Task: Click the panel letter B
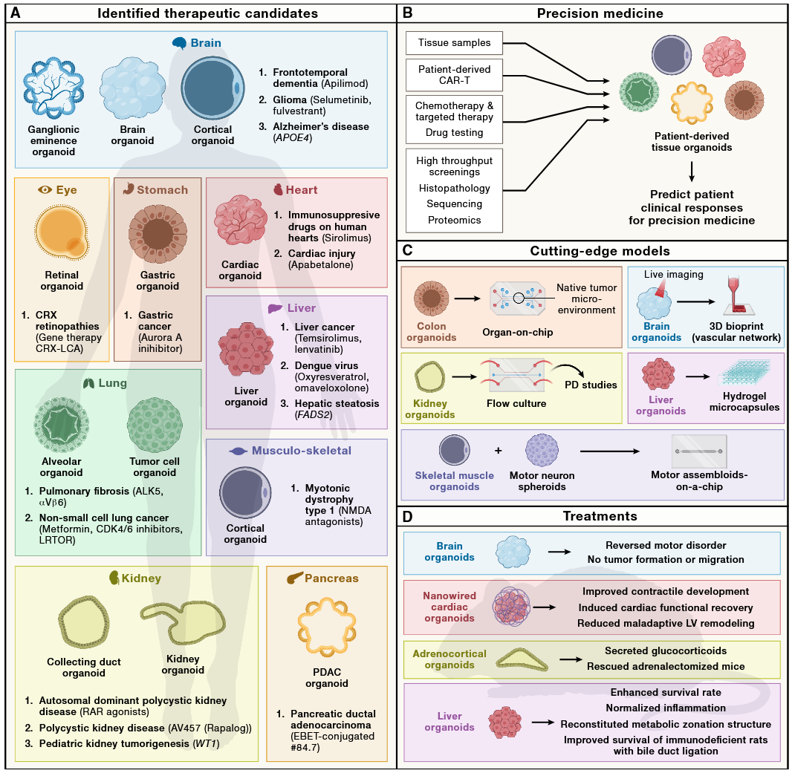[x=408, y=13]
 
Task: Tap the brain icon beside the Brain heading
[x=178, y=43]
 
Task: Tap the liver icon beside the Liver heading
[x=274, y=308]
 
